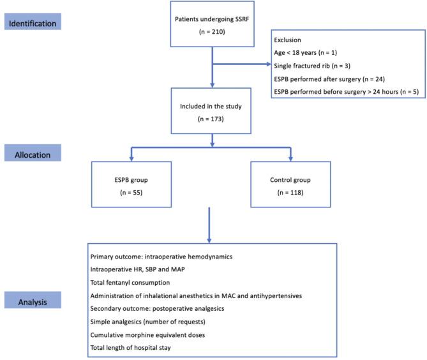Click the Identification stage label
point(40,24)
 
